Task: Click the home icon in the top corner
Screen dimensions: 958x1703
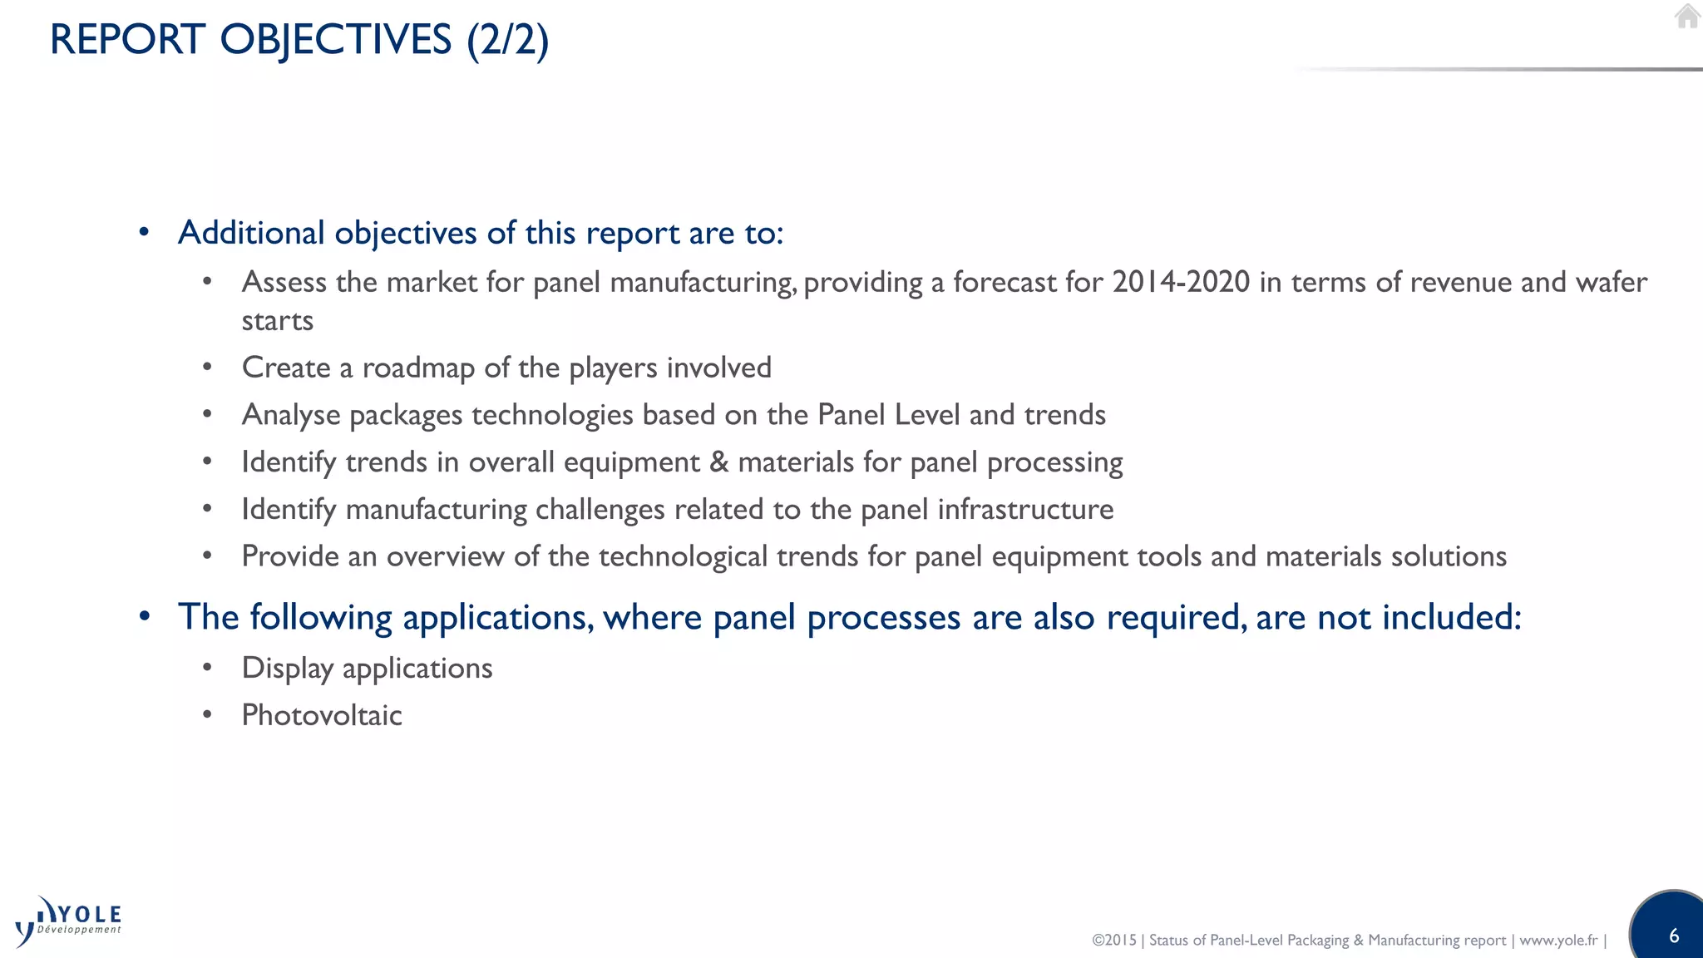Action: [1687, 17]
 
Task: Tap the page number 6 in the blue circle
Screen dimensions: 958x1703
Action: [1674, 936]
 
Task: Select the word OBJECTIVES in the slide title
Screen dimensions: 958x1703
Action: [335, 40]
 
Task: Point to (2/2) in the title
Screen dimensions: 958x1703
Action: [507, 40]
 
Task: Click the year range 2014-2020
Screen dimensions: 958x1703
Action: [1181, 282]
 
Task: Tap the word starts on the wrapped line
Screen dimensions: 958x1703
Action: [277, 321]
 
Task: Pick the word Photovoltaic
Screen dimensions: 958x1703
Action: [322, 715]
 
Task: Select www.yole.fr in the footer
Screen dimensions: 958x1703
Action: [1558, 940]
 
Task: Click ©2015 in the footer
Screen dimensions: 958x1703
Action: [1113, 940]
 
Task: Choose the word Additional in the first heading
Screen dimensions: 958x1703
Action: [251, 233]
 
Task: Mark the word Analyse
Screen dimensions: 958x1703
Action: [291, 415]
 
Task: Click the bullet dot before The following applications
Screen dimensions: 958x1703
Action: [145, 617]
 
